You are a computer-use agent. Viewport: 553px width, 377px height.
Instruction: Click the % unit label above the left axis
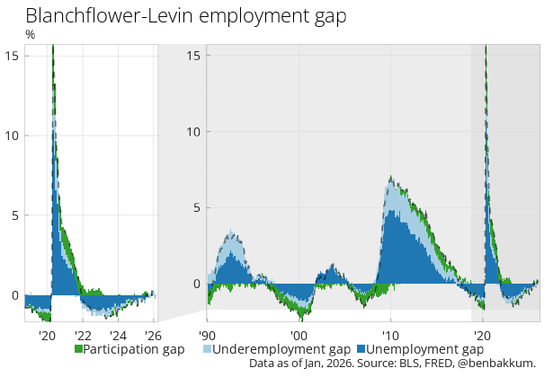[x=30, y=35]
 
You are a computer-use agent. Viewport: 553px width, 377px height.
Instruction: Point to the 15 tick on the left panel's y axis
[x=13, y=56]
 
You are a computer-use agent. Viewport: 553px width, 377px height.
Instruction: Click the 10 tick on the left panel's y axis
[x=13, y=136]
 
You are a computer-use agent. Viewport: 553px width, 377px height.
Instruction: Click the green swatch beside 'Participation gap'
[x=78, y=348]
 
